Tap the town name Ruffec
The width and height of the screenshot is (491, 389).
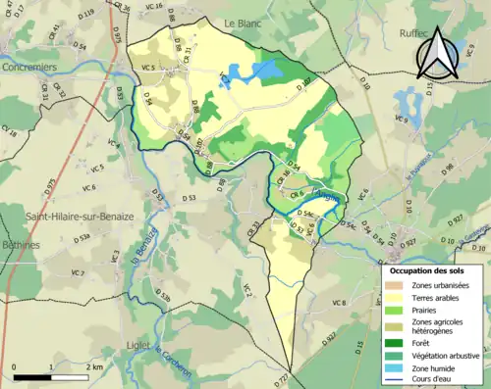398,32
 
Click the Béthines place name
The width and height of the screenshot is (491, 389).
20,244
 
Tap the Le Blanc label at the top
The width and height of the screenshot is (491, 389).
240,22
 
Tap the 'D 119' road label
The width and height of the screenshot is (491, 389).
84,15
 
